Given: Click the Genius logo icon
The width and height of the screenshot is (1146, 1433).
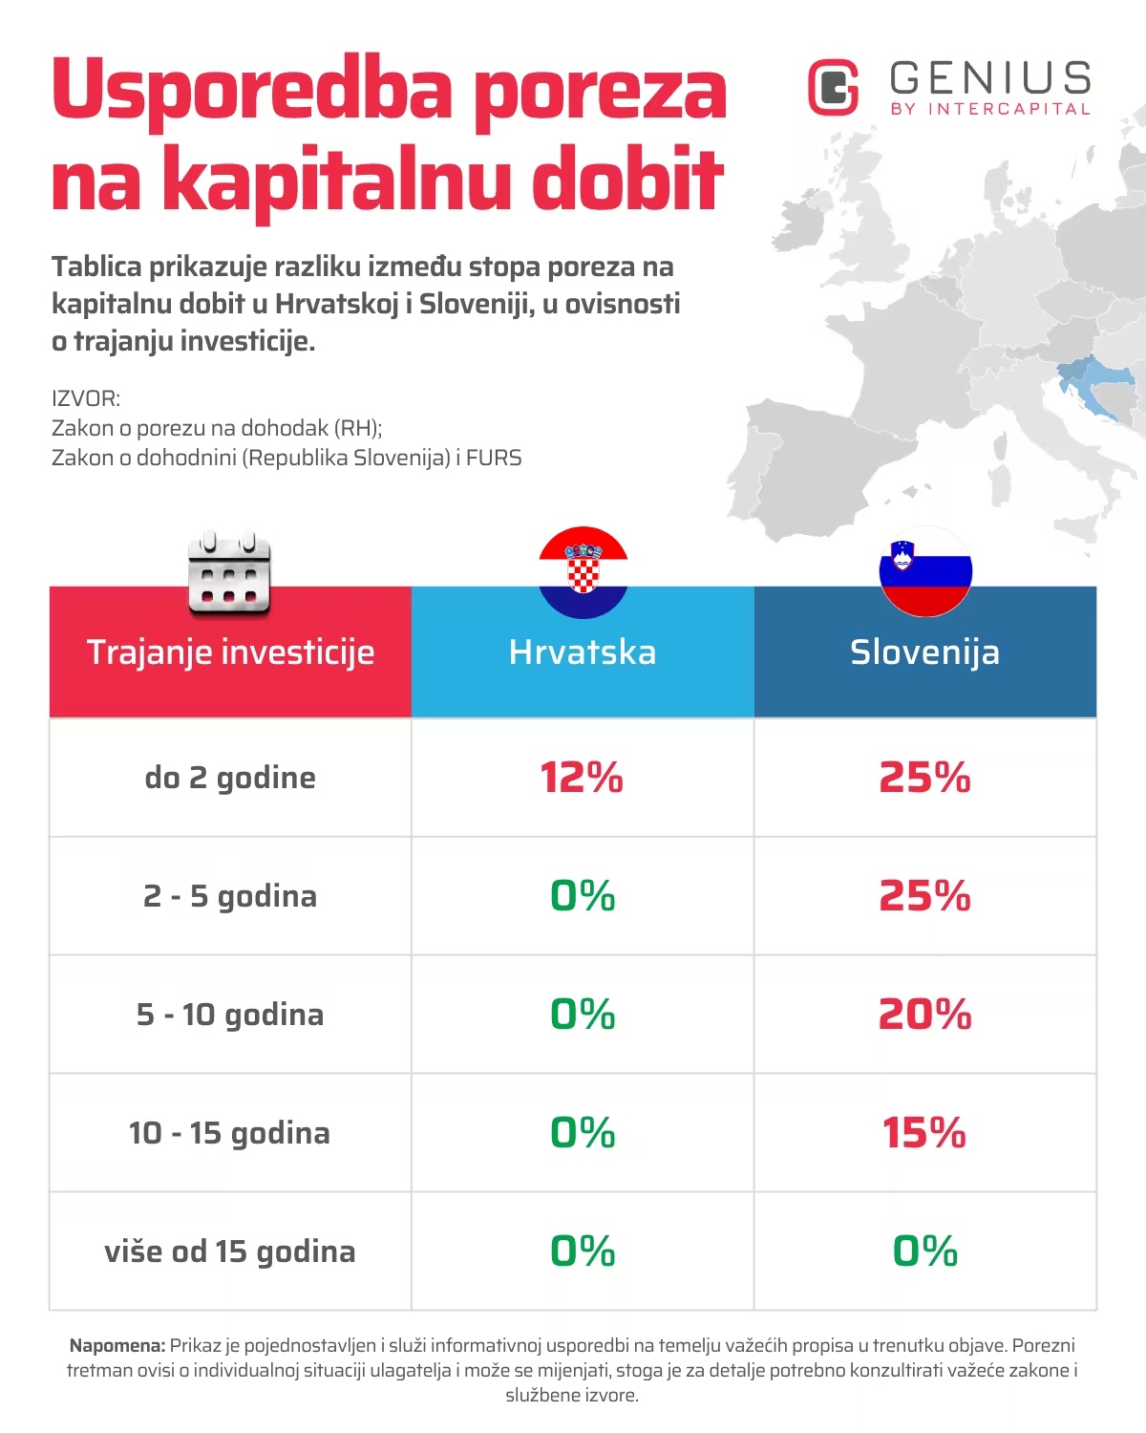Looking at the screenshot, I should click(x=834, y=87).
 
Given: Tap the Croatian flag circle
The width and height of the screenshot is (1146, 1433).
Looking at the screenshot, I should click(x=583, y=572).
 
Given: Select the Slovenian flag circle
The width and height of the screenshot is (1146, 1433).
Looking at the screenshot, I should click(x=925, y=571).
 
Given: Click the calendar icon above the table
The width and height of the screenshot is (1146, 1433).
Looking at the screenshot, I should click(x=229, y=574).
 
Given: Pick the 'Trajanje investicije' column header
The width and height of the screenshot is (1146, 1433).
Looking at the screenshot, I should click(x=230, y=652).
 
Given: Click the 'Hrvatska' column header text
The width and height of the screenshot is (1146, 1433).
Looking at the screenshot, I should click(x=583, y=652).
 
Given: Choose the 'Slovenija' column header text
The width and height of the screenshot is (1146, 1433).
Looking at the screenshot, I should click(x=924, y=652).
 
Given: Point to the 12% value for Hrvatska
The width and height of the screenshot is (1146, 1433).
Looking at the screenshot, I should click(x=582, y=778).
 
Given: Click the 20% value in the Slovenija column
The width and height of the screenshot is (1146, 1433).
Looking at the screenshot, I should click(x=924, y=1015).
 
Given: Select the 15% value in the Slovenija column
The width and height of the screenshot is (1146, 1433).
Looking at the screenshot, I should click(x=923, y=1133).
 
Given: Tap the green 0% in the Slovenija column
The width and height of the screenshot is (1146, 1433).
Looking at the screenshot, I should click(x=924, y=1251).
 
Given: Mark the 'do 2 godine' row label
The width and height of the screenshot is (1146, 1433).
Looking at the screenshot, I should click(x=230, y=778).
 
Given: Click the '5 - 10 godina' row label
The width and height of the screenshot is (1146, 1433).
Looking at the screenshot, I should click(x=230, y=1015).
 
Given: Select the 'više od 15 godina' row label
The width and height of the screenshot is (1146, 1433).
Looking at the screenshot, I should click(x=230, y=1251).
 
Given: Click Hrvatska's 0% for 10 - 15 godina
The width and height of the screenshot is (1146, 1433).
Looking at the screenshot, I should click(x=583, y=1133).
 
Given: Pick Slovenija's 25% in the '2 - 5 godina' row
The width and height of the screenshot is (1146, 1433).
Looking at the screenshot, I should click(x=924, y=896).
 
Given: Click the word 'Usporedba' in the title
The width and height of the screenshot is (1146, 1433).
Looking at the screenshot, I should click(x=252, y=90).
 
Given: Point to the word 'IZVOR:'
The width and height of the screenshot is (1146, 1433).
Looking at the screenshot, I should click(x=86, y=398).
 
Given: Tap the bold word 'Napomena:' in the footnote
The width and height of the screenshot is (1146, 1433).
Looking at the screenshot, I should click(x=117, y=1346).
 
